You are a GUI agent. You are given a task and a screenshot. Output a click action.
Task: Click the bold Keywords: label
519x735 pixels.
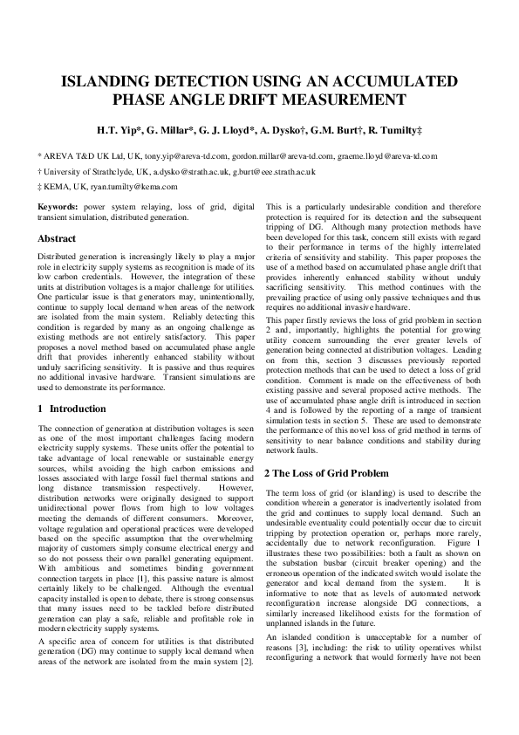[58, 207]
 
